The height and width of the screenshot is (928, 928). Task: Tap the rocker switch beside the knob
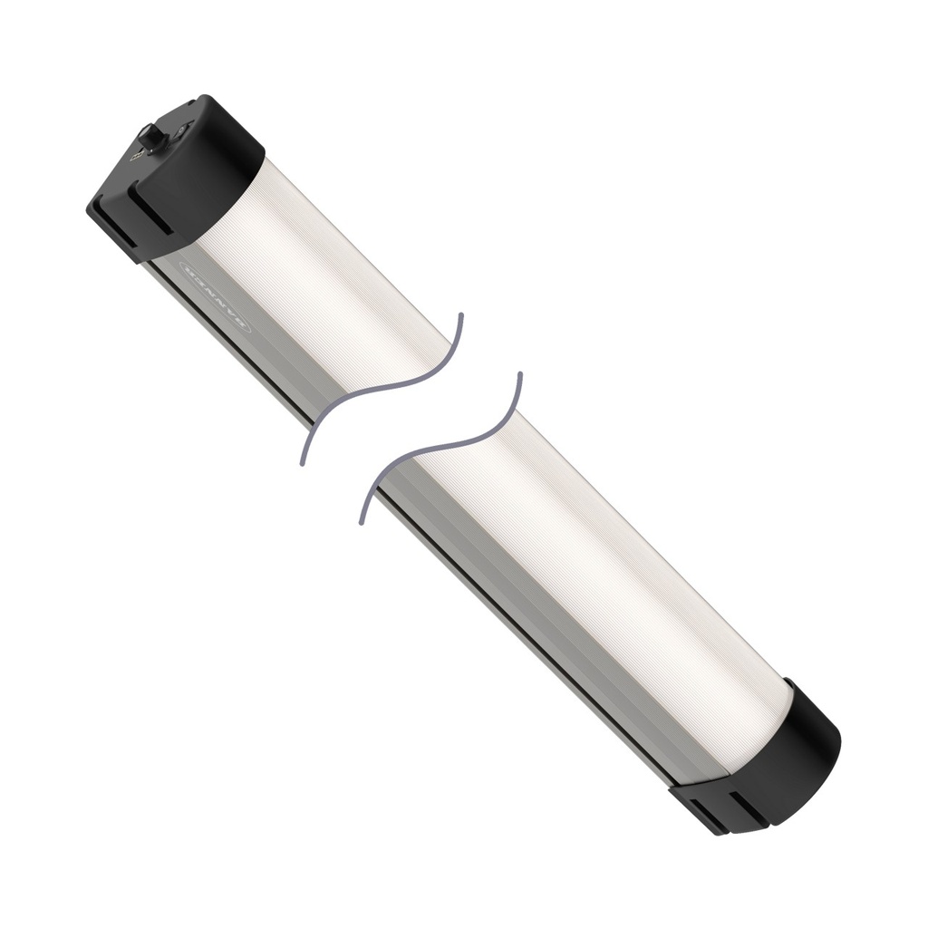click(x=182, y=130)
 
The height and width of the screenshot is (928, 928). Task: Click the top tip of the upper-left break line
click(x=460, y=315)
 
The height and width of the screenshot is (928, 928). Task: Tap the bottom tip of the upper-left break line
click(x=302, y=463)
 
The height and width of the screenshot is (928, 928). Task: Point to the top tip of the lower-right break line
click(x=519, y=373)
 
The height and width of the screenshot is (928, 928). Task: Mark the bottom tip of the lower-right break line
click(x=362, y=523)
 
